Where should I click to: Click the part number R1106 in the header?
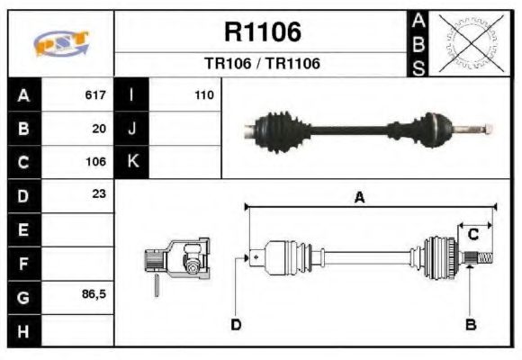261,33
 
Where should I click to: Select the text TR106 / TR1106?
261,64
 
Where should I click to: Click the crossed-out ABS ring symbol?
470,42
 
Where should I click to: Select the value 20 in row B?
99,129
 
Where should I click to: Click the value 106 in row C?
95,163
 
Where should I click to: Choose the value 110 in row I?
203,94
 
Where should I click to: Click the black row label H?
22,330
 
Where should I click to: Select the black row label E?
22,229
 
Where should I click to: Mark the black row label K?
131,162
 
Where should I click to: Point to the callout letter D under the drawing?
235,324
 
